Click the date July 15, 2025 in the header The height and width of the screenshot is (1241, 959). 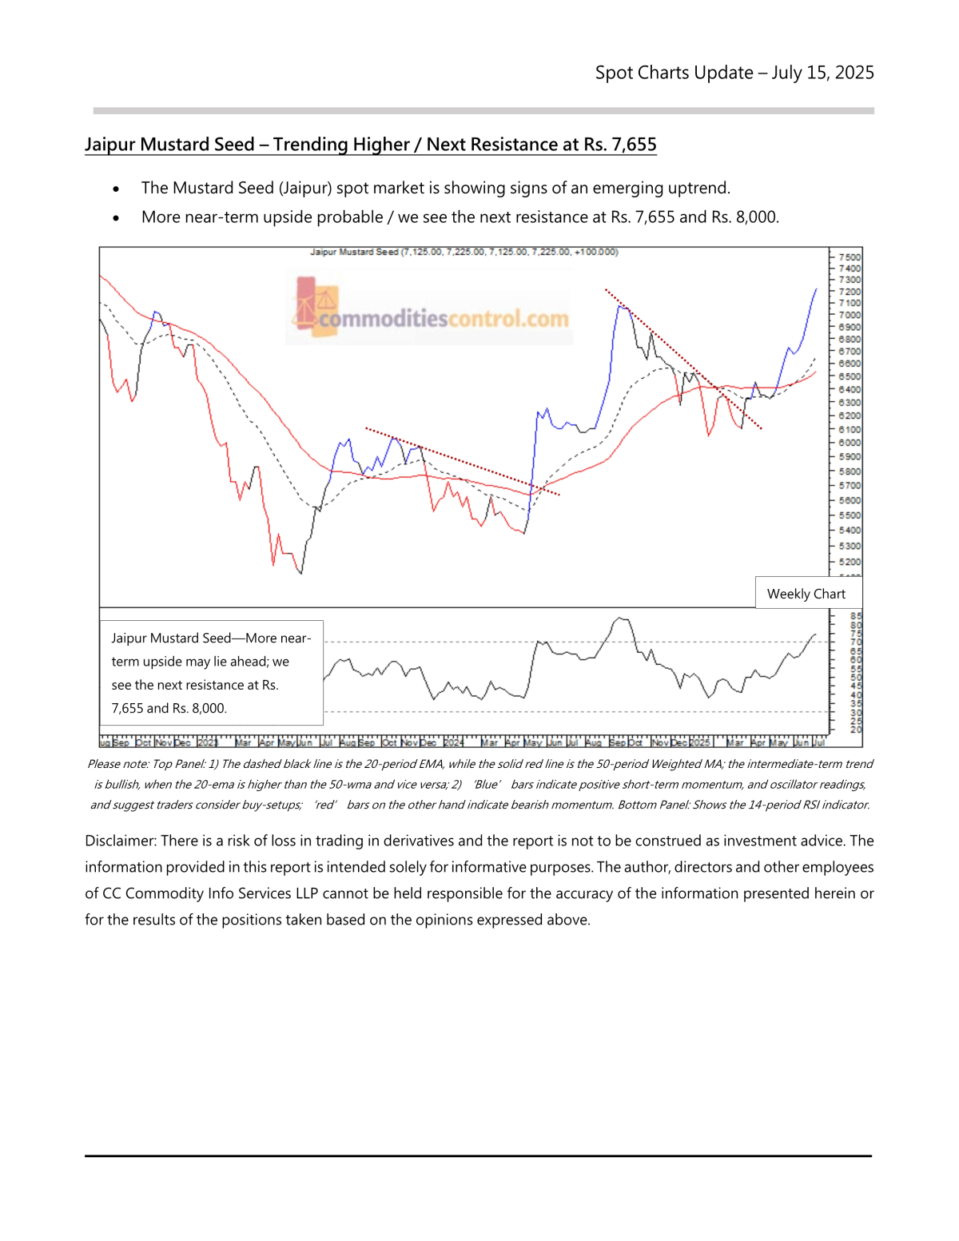(822, 73)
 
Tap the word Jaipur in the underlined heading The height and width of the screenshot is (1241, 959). (110, 145)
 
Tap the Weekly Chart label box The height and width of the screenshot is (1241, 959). (806, 594)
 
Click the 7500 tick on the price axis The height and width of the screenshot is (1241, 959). (850, 257)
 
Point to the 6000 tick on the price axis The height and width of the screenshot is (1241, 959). (850, 443)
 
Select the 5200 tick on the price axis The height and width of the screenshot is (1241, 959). (850, 562)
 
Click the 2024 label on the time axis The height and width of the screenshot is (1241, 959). (453, 742)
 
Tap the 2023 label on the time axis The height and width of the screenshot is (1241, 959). (207, 742)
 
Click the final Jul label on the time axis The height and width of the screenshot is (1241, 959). (818, 742)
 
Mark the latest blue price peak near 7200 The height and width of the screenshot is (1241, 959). (816, 289)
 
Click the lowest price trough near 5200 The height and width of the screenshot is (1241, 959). (300, 572)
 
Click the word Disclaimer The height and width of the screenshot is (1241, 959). (119, 841)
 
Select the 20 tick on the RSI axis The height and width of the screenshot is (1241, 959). (856, 730)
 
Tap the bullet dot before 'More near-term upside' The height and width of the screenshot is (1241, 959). (117, 218)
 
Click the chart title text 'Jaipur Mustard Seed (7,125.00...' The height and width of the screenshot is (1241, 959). (464, 252)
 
